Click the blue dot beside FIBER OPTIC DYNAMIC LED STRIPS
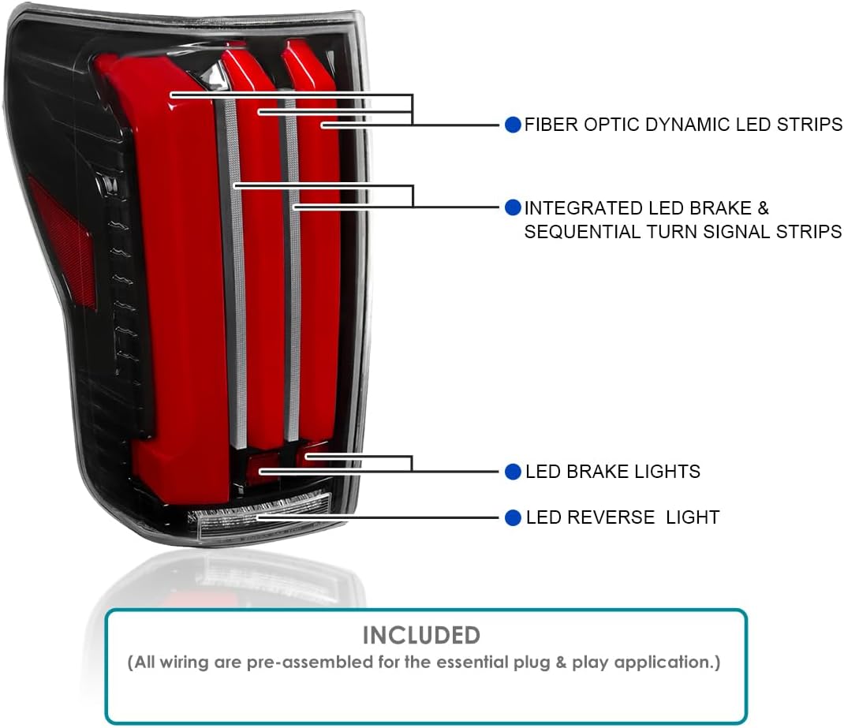[x=513, y=125]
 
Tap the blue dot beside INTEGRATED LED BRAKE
[x=513, y=207]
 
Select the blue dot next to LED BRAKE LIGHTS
[x=513, y=472]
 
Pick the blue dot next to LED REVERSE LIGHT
[x=513, y=517]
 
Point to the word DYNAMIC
[x=688, y=125]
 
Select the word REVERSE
[x=611, y=517]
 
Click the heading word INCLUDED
[x=421, y=636]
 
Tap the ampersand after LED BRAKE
[x=763, y=208]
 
